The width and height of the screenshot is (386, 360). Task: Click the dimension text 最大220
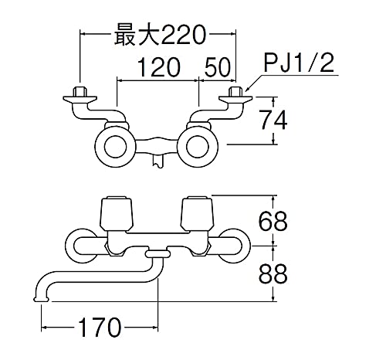coord(159,35)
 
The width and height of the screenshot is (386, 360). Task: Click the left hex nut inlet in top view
coord(77,97)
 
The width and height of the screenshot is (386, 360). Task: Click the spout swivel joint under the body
coord(157,253)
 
